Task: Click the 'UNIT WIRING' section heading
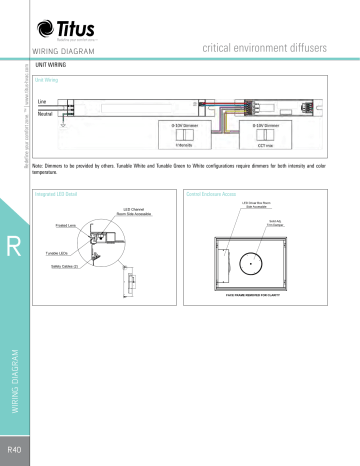click(x=52, y=63)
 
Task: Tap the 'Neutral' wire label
click(x=45, y=114)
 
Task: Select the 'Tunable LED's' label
click(x=60, y=255)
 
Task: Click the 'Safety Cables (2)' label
click(x=63, y=267)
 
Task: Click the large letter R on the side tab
click(x=14, y=248)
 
